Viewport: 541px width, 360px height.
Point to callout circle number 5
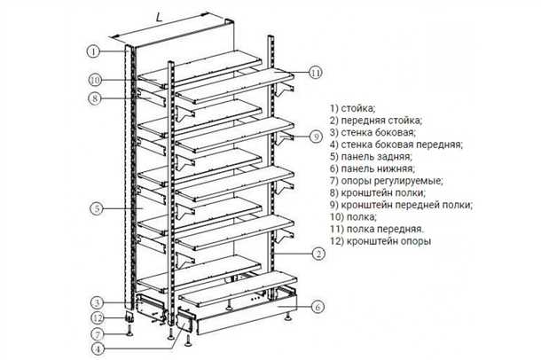94,210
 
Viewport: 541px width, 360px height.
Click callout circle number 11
316,73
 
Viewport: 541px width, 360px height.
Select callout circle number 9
316,136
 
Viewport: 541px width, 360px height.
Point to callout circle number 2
316,254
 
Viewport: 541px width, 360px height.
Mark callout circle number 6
316,308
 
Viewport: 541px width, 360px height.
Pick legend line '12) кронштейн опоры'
382,239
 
